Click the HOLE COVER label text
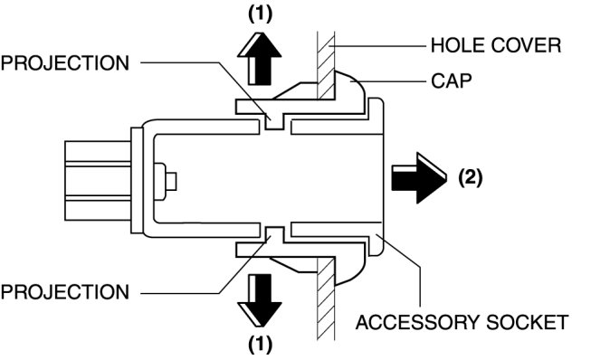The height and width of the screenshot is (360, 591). [x=496, y=45]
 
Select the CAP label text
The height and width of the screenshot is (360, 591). [x=451, y=81]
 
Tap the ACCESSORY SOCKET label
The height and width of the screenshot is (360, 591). [x=462, y=322]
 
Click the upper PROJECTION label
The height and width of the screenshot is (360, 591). [x=65, y=63]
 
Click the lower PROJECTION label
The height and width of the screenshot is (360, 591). [x=65, y=292]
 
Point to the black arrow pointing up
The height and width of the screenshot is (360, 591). [x=260, y=59]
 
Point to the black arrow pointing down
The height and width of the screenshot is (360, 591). [x=260, y=299]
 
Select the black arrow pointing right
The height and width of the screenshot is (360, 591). [x=419, y=178]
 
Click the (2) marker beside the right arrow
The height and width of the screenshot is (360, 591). [x=471, y=177]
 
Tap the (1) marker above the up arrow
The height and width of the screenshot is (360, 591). [x=260, y=14]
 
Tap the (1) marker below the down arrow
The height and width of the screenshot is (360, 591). [x=260, y=345]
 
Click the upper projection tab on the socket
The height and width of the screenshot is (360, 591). [x=275, y=121]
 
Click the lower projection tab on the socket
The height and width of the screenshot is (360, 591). [x=275, y=235]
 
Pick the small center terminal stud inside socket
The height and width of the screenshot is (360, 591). [x=165, y=181]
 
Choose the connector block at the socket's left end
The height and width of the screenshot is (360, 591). [x=98, y=180]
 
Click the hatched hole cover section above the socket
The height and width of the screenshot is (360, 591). [x=326, y=66]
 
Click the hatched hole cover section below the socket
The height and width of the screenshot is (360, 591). [x=326, y=298]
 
